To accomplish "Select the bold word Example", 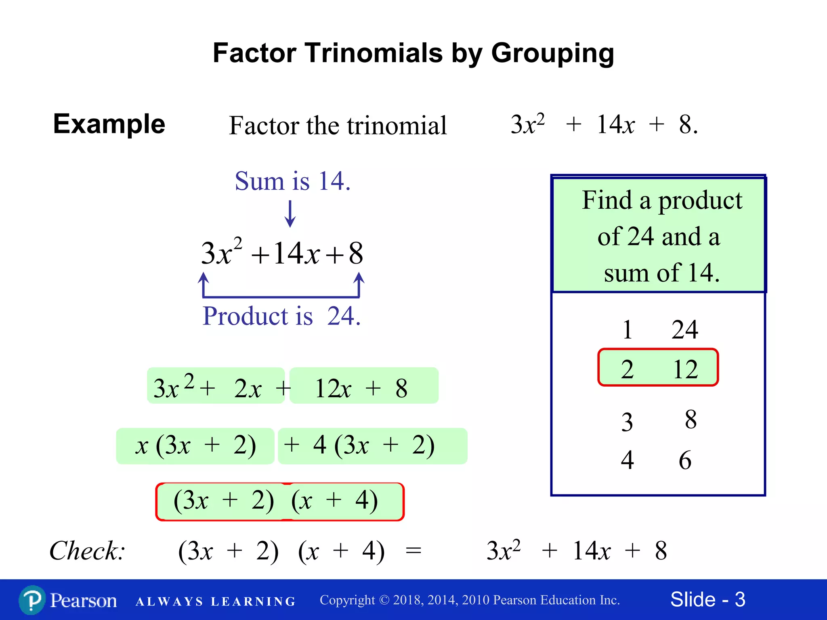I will [x=109, y=124].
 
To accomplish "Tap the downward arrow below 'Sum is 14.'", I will [x=290, y=214].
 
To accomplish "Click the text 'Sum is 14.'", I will [x=292, y=181].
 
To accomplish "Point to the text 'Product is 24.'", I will [x=281, y=316].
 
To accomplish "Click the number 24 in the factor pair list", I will [x=684, y=330].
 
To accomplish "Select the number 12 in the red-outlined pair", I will [x=685, y=369].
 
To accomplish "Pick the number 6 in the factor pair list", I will [x=685, y=460].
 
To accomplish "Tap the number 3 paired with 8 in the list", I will [x=627, y=423].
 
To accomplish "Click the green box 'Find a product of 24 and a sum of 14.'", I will [x=658, y=235].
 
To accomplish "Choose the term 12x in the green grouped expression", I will [x=333, y=389].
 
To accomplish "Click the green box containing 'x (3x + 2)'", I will [x=195, y=446].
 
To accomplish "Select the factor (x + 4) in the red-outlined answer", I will [x=334, y=501].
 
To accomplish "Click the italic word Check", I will [x=86, y=551].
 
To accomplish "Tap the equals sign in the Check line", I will [x=413, y=551].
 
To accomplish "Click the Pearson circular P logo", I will [x=32, y=600].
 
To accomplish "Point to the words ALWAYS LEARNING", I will [x=216, y=601].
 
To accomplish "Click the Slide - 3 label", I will [x=707, y=599].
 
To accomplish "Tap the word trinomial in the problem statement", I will [x=397, y=126].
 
